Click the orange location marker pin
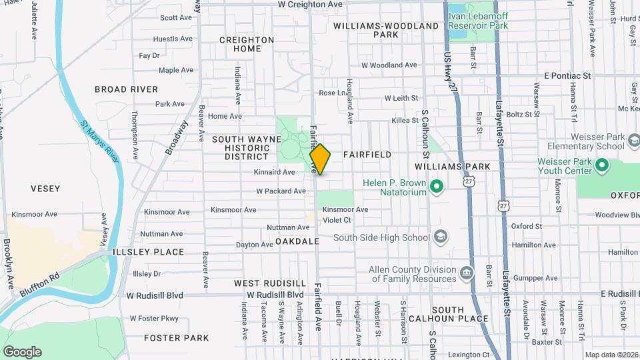point(320,159)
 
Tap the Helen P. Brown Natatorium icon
point(437,187)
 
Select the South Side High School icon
point(440,237)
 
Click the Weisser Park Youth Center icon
point(603,164)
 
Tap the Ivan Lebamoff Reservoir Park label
point(478,25)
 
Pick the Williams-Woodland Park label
point(386,30)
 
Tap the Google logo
point(22,351)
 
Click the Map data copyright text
point(611,355)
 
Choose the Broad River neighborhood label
point(127,89)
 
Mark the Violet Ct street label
point(337,219)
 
